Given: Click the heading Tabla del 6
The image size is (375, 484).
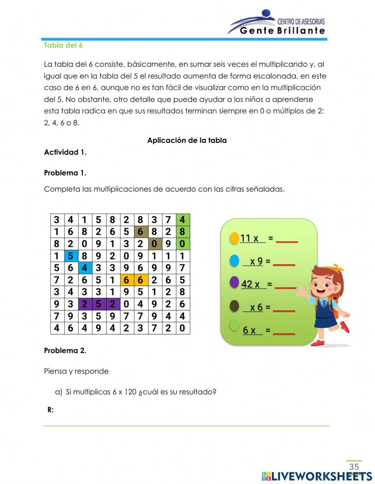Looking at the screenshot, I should coord(63,45).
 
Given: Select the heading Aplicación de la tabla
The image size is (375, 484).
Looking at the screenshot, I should coord(187,141).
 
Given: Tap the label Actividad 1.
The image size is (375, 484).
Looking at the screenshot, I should coord(65,152).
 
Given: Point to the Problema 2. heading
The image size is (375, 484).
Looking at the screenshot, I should coord(65,351).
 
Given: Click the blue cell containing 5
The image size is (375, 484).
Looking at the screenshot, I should coord(70,256).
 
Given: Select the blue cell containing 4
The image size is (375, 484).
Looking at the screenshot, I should coord(84,268).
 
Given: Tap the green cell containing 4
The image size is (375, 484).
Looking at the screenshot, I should coord(182,220).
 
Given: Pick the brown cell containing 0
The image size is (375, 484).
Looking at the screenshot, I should coord(154,244).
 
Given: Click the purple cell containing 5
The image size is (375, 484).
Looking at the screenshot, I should coord(98,304).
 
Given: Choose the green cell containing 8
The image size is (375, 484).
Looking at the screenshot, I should coord(182,232).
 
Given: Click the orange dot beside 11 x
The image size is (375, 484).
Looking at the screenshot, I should coord(234,238).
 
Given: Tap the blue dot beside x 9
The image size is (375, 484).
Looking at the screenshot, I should coord(234,261).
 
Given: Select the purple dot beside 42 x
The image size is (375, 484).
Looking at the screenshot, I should coord(234,283).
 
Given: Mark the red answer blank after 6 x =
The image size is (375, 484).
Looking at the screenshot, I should coord(284,331).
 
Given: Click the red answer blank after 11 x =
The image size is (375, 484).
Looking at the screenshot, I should coord(287,240).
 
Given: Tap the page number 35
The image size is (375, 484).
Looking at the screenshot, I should coord(354,467).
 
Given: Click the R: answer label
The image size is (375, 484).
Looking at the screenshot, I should coord(51,410).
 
